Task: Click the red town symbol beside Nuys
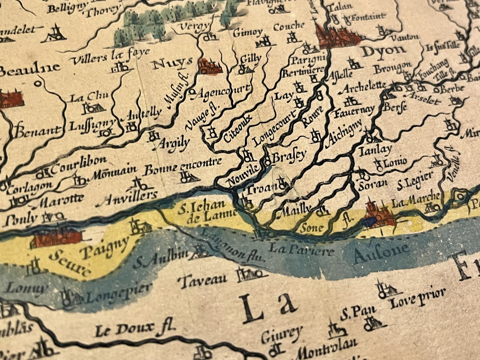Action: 210,66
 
